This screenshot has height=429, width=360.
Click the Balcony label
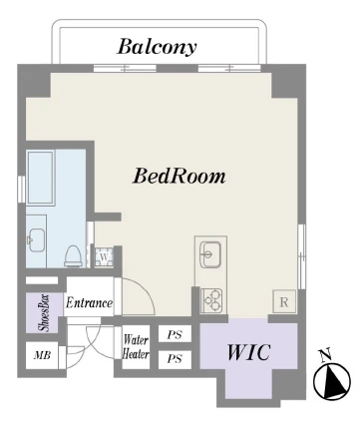(158, 47)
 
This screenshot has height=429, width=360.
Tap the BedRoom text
(180, 176)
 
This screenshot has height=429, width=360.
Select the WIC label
(248, 352)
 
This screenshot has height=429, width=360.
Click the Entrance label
(89, 302)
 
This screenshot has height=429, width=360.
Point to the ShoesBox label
(44, 313)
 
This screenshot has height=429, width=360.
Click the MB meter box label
(42, 355)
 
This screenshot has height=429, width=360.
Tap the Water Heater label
(136, 346)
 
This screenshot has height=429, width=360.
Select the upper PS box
(175, 334)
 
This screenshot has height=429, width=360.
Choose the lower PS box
(175, 359)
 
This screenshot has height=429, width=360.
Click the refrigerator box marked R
(284, 301)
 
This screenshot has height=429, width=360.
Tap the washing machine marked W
(104, 256)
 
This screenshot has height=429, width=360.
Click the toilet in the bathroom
(73, 255)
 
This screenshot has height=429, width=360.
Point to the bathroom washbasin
(37, 240)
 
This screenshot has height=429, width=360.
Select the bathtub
(41, 178)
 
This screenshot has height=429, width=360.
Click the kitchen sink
(210, 254)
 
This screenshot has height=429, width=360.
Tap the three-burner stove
(211, 300)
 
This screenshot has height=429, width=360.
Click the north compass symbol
(332, 381)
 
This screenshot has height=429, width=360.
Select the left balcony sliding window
(125, 69)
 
